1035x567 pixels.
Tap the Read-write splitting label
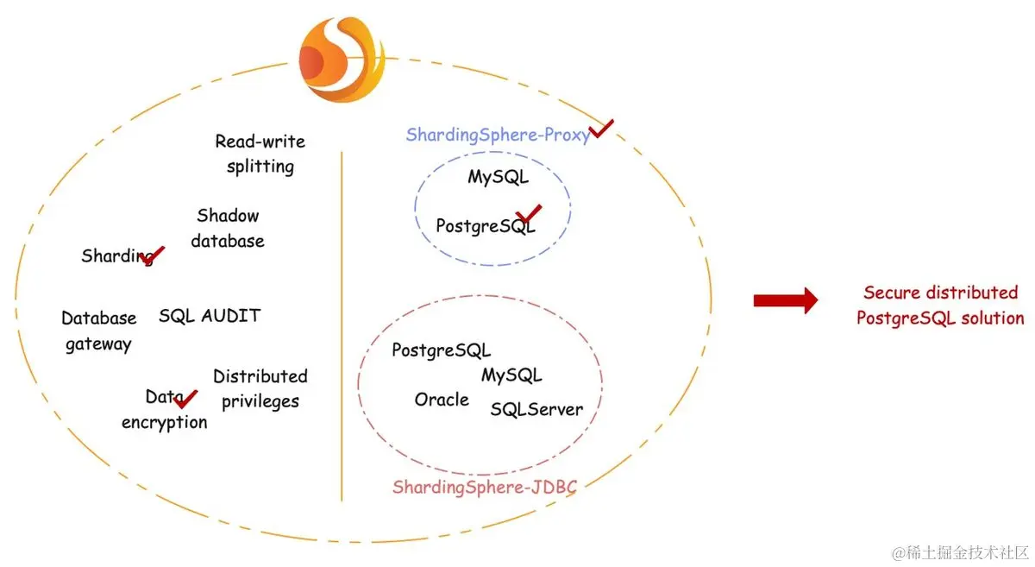coord(260,154)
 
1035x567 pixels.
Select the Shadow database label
coord(228,228)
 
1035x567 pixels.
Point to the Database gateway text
coord(98,331)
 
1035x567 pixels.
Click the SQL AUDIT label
coord(209,316)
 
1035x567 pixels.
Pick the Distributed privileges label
coord(260,388)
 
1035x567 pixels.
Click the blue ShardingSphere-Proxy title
coord(498,135)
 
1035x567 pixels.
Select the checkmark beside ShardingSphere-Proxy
coord(601,129)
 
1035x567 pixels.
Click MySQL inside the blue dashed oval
coord(498,177)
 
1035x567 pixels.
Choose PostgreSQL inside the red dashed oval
coord(441,350)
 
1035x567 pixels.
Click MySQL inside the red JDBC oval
coord(511,375)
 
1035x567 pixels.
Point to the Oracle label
coord(442,400)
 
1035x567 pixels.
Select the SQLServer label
coord(536,409)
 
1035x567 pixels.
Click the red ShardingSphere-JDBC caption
coord(484,487)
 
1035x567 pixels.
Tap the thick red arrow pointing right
coord(785,300)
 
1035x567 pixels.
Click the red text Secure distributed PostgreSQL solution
coord(940,305)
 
